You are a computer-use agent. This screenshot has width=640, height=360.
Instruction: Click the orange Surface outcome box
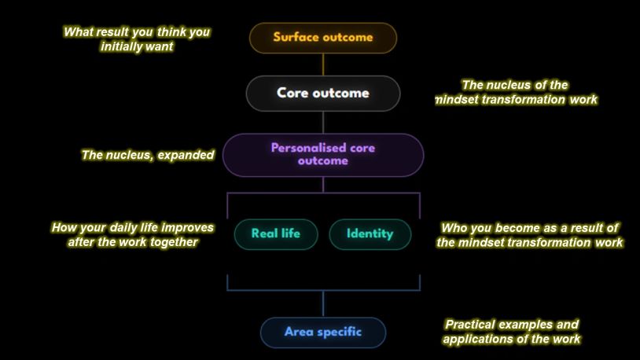(323, 38)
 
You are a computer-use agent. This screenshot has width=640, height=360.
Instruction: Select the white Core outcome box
(323, 94)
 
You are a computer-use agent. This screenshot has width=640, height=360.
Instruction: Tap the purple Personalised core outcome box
(323, 155)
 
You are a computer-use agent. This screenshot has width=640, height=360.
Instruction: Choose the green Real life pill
(276, 234)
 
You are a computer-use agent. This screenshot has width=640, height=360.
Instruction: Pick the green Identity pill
(370, 234)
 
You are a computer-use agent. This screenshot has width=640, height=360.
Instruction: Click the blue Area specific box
(323, 332)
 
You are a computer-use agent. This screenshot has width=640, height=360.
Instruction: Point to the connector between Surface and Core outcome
(323, 64)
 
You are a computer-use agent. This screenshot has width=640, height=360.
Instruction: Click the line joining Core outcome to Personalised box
(323, 123)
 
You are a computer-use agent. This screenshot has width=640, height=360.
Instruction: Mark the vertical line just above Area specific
(323, 304)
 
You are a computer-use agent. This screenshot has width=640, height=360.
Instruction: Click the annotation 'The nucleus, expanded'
(148, 155)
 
